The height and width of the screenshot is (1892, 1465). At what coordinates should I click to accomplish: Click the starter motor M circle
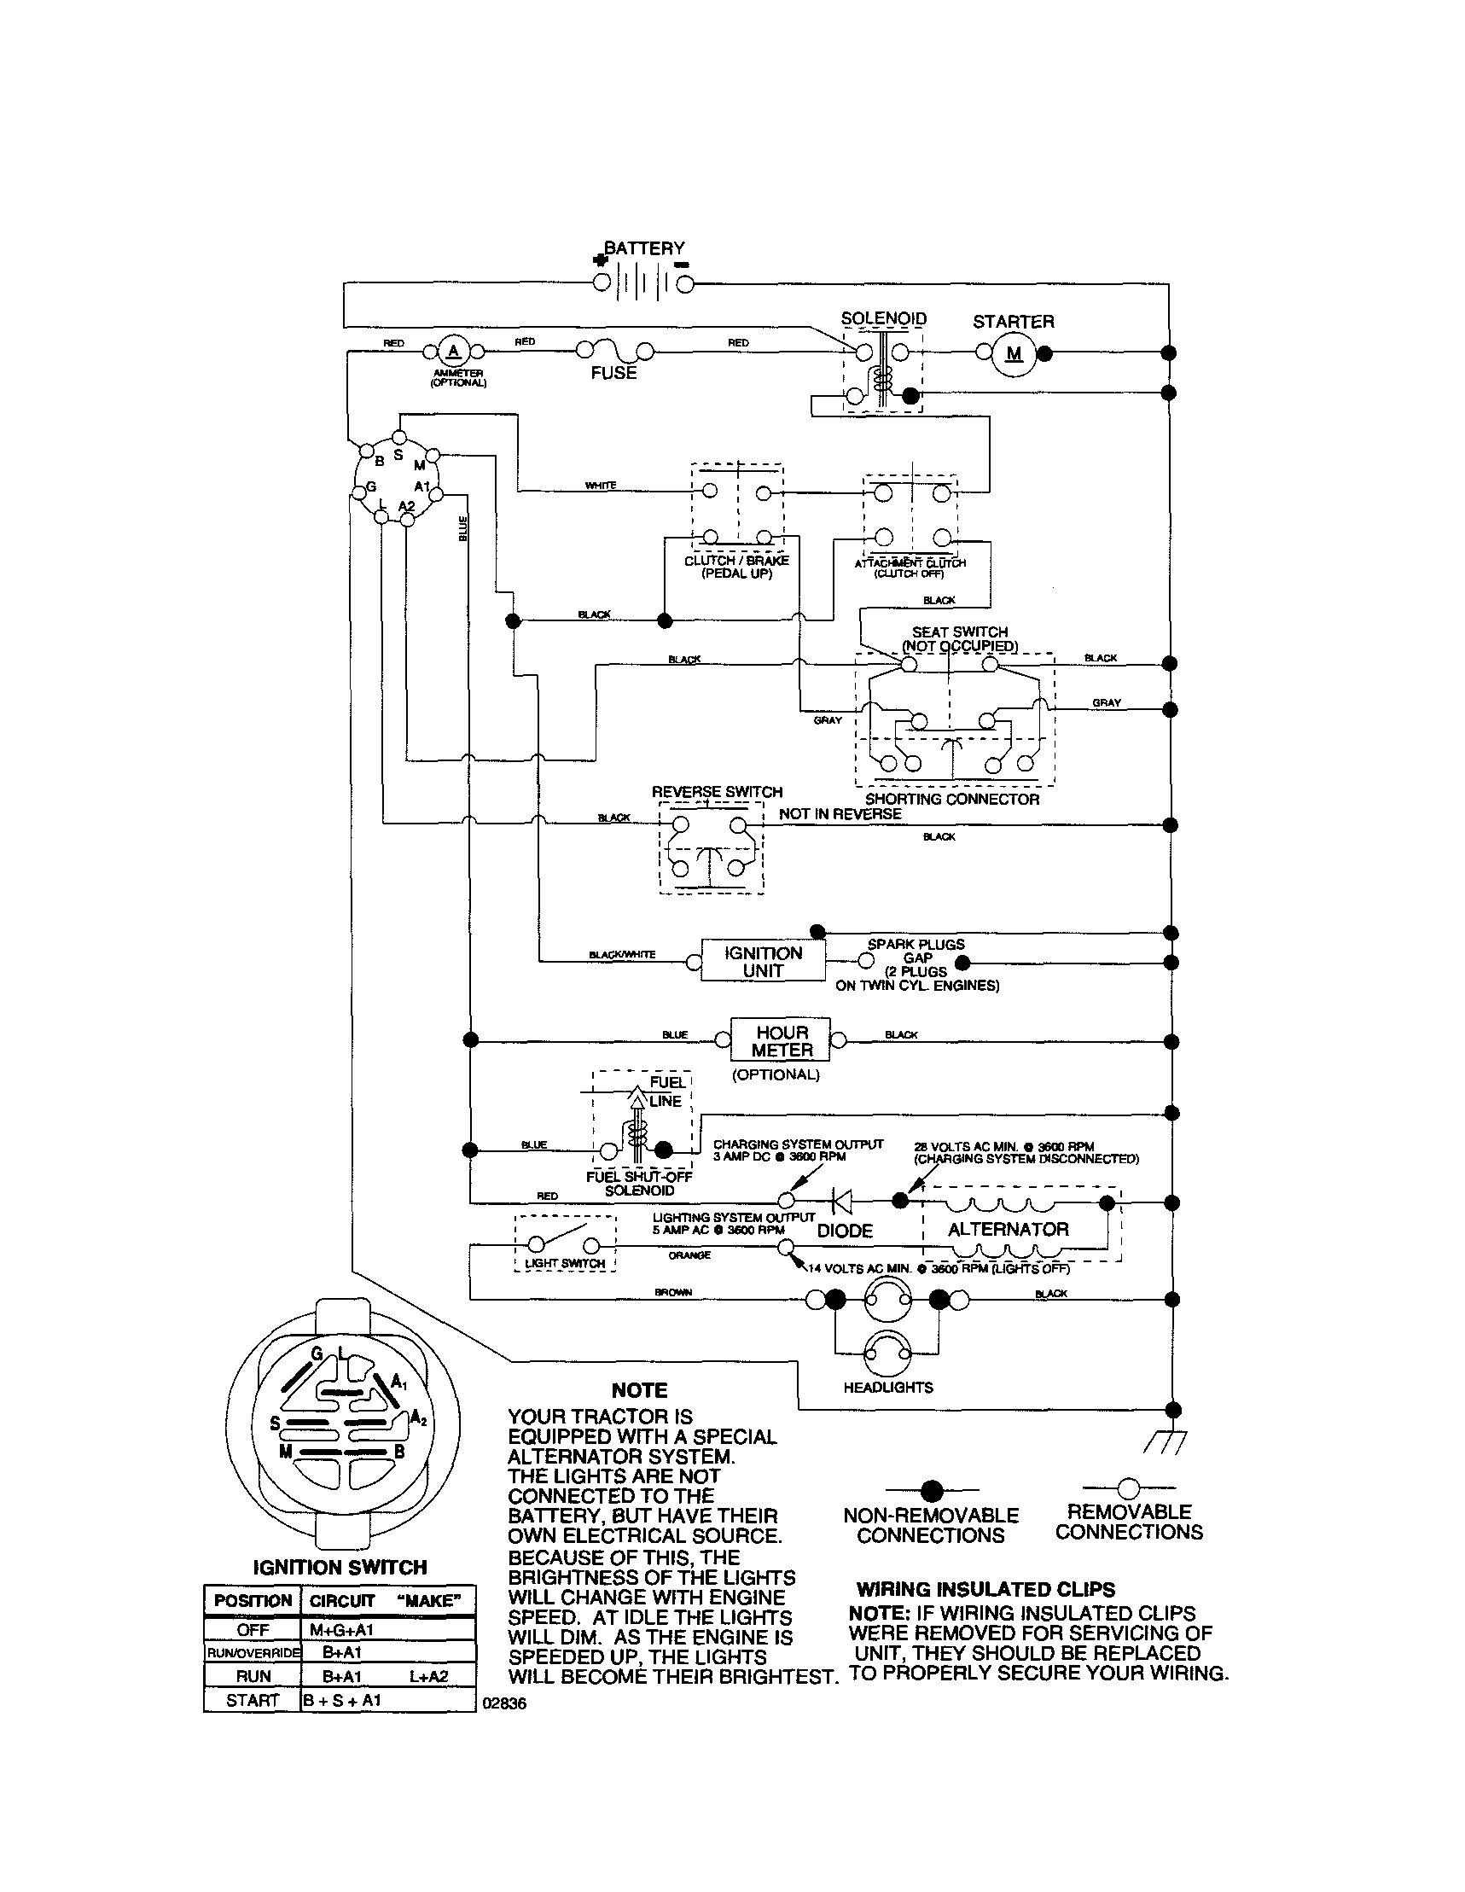point(1014,353)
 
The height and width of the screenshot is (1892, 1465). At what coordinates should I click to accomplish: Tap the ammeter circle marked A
point(451,352)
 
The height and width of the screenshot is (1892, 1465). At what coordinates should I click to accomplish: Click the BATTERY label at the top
point(643,248)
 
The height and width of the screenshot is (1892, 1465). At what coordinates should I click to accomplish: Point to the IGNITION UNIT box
point(763,962)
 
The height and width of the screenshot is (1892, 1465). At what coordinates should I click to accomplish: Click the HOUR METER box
point(781,1040)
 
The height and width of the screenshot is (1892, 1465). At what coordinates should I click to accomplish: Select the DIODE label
point(845,1231)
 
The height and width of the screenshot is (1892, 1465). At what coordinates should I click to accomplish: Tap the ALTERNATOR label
point(1008,1229)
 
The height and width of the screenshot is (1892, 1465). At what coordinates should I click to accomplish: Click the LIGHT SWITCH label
point(565,1264)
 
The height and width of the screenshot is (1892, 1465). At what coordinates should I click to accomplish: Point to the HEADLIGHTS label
point(888,1388)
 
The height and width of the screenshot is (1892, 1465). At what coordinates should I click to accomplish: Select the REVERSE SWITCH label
point(717,792)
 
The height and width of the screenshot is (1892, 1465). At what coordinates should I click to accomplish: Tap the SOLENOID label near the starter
point(884,319)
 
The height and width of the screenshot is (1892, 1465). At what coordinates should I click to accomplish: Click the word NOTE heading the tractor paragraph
point(639,1390)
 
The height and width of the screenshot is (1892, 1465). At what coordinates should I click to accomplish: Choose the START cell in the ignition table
point(252,1700)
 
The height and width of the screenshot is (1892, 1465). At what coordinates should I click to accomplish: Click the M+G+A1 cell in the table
point(341,1629)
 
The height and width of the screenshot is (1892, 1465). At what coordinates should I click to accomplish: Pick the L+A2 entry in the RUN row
point(428,1676)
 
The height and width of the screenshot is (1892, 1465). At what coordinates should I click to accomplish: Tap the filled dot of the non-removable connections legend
point(932,1491)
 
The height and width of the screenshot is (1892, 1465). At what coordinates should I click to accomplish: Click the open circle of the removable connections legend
point(1128,1489)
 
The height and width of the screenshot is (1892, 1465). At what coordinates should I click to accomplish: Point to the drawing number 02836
point(504,1703)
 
